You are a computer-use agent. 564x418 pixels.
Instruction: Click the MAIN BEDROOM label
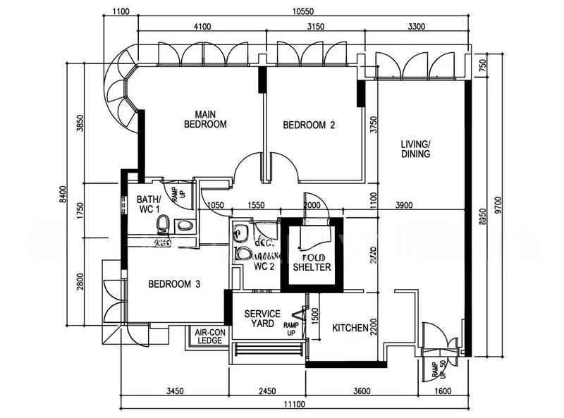pyautogui.click(x=205, y=119)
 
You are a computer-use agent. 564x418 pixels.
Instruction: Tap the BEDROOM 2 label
pyautogui.click(x=309, y=125)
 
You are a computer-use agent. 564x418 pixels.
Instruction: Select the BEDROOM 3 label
pyautogui.click(x=174, y=284)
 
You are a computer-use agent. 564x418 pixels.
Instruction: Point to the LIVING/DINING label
pyautogui.click(x=415, y=149)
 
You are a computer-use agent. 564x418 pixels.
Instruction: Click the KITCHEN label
pyautogui.click(x=350, y=328)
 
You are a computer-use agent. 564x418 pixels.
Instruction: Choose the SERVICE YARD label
pyautogui.click(x=262, y=319)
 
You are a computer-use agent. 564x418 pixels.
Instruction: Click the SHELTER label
pyautogui.click(x=312, y=267)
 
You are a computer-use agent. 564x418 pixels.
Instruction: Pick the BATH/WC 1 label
pyautogui.click(x=149, y=204)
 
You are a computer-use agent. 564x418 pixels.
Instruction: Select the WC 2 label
pyautogui.click(x=264, y=266)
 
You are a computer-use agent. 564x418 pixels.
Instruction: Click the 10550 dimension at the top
pyautogui.click(x=304, y=11)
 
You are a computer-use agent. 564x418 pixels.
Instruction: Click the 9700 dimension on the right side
pyautogui.click(x=499, y=200)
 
